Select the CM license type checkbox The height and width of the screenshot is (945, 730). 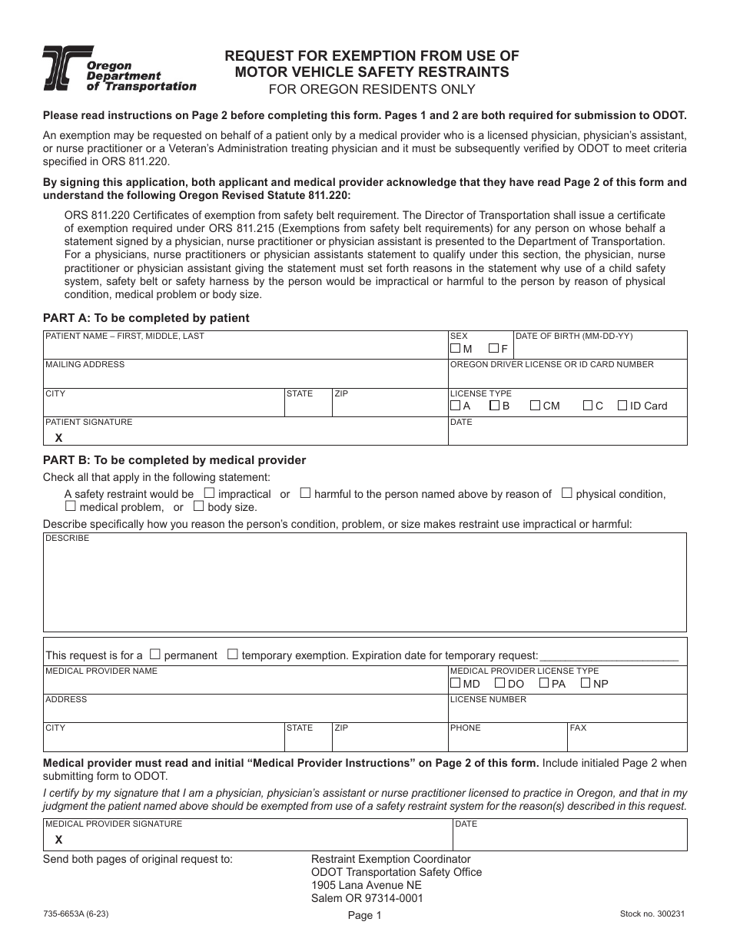point(535,406)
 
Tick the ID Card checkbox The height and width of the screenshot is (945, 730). point(622,406)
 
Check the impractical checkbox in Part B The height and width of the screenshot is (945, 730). point(208,493)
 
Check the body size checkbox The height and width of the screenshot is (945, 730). point(198,506)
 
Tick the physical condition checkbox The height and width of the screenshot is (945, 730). point(566,493)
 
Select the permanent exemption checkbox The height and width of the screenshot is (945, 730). point(154,655)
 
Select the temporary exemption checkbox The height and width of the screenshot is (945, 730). point(232,655)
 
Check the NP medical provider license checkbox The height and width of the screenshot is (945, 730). point(586,682)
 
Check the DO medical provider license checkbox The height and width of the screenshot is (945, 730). point(499,682)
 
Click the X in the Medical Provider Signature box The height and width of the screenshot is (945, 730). point(58,840)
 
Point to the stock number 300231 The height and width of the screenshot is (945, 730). point(652,913)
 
